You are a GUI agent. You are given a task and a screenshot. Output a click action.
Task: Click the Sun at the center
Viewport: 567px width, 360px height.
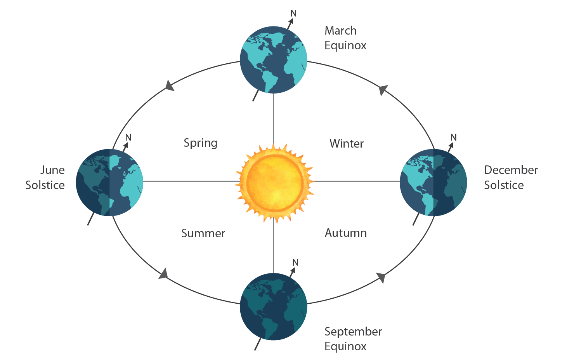tap(274, 182)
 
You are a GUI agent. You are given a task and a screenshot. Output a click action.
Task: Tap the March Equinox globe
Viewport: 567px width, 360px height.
tap(274, 60)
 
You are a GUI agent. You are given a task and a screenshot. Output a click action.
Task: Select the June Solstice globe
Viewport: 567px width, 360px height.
tap(109, 182)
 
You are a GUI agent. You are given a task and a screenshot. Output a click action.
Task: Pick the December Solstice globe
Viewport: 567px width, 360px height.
tap(433, 182)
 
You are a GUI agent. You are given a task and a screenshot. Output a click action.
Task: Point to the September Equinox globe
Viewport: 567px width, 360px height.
tap(274, 307)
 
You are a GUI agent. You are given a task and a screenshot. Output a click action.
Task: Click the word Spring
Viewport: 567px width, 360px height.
tap(200, 143)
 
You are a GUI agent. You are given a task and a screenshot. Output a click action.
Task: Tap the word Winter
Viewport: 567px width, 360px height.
tap(347, 144)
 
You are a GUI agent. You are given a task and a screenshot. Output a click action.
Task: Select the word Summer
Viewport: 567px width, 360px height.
tap(203, 233)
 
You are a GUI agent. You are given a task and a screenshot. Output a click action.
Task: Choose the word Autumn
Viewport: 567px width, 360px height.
tap(346, 233)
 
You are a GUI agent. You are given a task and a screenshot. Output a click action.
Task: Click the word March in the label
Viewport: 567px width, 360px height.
tap(340, 31)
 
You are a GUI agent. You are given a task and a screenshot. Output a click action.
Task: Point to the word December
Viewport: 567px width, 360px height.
tap(511, 170)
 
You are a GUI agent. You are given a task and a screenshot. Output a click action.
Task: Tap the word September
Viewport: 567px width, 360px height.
tap(353, 332)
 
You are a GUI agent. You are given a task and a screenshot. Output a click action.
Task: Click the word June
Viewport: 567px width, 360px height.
tap(52, 170)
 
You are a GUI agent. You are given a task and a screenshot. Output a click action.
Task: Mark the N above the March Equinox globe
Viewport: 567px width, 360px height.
tap(293, 14)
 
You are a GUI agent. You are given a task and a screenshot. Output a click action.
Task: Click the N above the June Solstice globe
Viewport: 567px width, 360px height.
tap(128, 137)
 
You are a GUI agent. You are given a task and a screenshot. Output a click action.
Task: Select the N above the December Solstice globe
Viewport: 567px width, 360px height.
tap(453, 137)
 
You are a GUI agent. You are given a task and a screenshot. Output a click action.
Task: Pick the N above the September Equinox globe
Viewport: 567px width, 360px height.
tap(295, 263)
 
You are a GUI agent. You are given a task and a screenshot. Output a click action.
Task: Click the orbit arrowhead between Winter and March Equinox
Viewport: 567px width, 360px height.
tap(383, 90)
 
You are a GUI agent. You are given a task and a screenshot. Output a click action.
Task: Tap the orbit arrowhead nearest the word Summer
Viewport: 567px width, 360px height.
tap(164, 273)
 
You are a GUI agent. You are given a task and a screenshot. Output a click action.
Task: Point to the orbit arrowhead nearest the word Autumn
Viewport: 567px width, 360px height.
tap(381, 277)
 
